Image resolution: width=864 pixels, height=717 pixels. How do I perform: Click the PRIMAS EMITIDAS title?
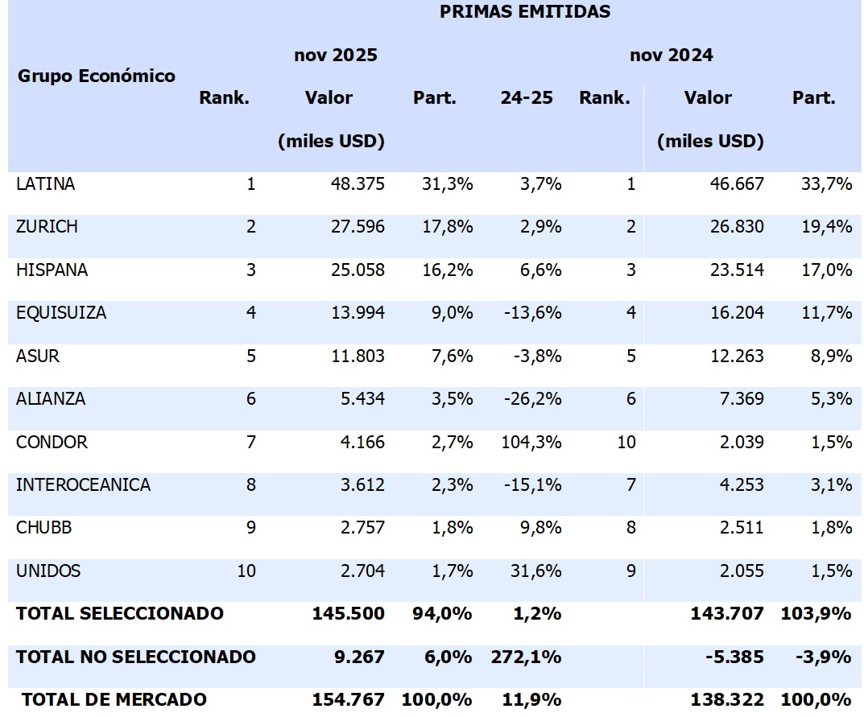click(524, 12)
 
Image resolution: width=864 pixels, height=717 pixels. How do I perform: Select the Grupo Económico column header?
click(96, 76)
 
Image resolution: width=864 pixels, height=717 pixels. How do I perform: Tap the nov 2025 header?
click(335, 56)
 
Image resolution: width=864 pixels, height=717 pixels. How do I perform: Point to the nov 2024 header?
click(671, 56)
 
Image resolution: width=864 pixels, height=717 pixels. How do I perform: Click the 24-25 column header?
click(526, 98)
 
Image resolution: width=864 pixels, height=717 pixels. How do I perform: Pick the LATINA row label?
click(45, 184)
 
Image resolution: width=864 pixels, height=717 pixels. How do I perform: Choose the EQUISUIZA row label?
click(60, 313)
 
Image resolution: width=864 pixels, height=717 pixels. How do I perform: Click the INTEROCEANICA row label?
click(83, 485)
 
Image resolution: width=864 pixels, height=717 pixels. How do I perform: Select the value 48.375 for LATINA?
click(357, 184)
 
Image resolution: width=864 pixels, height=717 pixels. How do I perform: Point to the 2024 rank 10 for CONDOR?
click(626, 443)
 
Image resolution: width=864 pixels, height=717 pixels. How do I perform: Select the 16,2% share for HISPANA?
click(447, 270)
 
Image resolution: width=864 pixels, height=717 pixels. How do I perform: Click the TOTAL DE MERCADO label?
click(114, 700)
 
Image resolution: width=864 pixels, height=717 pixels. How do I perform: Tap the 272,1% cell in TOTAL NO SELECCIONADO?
click(526, 657)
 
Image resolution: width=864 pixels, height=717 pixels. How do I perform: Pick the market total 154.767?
click(348, 700)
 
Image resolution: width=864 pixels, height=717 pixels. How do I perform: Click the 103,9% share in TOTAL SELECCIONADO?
click(816, 614)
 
